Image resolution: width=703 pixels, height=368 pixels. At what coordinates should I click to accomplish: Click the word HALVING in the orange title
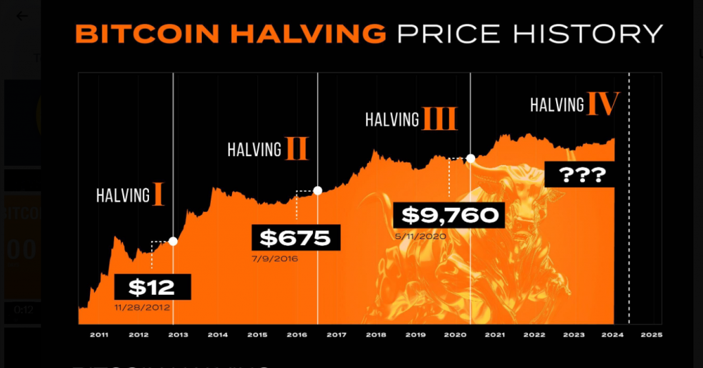pyautogui.click(x=299, y=34)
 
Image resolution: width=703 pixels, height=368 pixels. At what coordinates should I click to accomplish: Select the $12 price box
pyautogui.click(x=152, y=286)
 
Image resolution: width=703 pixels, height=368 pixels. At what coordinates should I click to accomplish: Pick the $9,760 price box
pyautogui.click(x=449, y=216)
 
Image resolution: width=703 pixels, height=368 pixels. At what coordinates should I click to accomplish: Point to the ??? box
pyautogui.click(x=581, y=175)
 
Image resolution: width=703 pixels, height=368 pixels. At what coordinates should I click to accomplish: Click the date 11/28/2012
pyautogui.click(x=142, y=308)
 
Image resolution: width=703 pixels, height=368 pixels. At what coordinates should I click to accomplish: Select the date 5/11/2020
pyautogui.click(x=420, y=236)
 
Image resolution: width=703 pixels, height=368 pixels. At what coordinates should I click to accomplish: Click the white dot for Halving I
pyautogui.click(x=173, y=241)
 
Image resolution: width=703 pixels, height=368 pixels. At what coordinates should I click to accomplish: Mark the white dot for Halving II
pyautogui.click(x=317, y=191)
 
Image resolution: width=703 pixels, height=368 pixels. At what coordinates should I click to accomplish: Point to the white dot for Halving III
pyautogui.click(x=470, y=158)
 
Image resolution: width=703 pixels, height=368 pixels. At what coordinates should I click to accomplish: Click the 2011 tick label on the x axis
pyautogui.click(x=99, y=335)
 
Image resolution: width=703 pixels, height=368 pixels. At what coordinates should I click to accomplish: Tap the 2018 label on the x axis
pyautogui.click(x=376, y=335)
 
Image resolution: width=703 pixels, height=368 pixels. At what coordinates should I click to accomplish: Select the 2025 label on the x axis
pyautogui.click(x=652, y=335)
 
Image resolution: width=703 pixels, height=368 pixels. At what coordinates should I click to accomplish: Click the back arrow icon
pyautogui.click(x=23, y=16)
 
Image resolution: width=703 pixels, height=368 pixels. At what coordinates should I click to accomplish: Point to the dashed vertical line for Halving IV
pyautogui.click(x=629, y=206)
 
